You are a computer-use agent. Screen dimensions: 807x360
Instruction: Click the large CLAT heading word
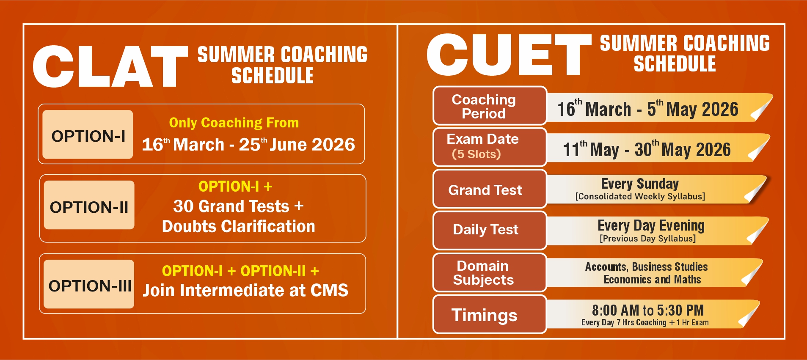click(110, 66)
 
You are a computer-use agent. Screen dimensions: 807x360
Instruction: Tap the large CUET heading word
click(509, 55)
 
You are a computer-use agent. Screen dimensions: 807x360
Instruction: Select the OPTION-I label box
click(88, 135)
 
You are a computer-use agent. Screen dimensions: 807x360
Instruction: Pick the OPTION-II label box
click(89, 205)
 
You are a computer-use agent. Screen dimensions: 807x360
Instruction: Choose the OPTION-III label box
click(89, 284)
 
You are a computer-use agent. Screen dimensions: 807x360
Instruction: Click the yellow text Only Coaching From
click(234, 123)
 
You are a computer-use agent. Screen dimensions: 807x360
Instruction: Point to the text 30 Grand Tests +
click(238, 206)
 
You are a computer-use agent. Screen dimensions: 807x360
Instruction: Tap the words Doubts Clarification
click(239, 226)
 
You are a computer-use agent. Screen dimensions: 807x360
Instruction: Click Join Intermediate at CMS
click(245, 290)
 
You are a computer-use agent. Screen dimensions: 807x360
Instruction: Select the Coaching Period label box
click(490, 106)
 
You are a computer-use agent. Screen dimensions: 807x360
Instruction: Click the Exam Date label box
click(490, 147)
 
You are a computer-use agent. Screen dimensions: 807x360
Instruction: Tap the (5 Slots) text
click(476, 154)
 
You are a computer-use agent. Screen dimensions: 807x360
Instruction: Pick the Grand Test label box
click(490, 189)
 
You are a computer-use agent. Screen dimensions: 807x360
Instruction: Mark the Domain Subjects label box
click(490, 272)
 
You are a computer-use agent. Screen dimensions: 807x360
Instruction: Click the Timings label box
click(490, 314)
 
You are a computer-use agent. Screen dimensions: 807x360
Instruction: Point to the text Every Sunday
click(640, 184)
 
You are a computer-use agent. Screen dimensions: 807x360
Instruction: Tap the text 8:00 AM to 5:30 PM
click(648, 310)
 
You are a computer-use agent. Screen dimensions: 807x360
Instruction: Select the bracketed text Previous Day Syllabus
click(647, 239)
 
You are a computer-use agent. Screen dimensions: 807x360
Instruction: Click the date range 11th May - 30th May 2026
click(647, 149)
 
